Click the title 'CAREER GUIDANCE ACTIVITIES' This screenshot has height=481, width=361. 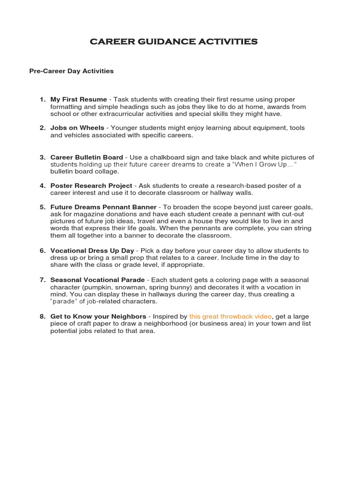(x=173, y=42)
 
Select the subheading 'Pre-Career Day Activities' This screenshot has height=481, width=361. (x=71, y=71)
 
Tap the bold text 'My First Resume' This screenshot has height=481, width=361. (x=78, y=100)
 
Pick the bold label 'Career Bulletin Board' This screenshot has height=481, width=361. (x=86, y=157)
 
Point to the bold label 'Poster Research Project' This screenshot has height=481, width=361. (x=91, y=186)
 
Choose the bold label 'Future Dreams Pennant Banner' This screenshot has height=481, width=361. (x=104, y=207)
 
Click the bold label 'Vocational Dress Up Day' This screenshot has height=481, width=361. (x=92, y=251)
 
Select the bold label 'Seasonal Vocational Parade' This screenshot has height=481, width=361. (x=97, y=280)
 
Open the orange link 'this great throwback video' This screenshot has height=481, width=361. (x=230, y=317)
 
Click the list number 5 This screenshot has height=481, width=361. (x=42, y=207)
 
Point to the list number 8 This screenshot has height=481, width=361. (x=42, y=317)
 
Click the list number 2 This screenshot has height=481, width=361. (x=42, y=128)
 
